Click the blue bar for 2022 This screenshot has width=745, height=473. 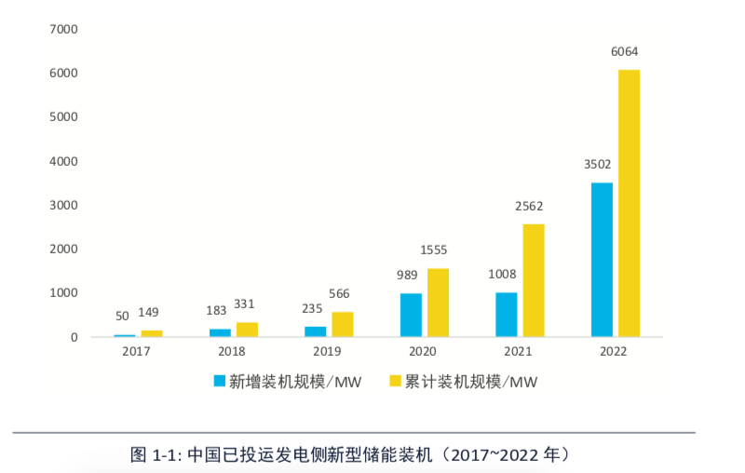[602, 260]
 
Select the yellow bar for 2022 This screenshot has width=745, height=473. [629, 203]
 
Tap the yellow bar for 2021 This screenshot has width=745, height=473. [533, 280]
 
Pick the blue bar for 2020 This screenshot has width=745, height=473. [411, 315]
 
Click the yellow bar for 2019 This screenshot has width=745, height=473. [342, 324]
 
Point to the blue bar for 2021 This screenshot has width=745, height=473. [506, 315]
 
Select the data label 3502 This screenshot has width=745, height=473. [597, 165]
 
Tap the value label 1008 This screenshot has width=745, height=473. [502, 274]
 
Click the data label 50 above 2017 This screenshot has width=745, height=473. [122, 317]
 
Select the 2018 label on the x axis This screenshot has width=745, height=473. [231, 352]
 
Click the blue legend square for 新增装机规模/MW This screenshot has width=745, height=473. [220, 381]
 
